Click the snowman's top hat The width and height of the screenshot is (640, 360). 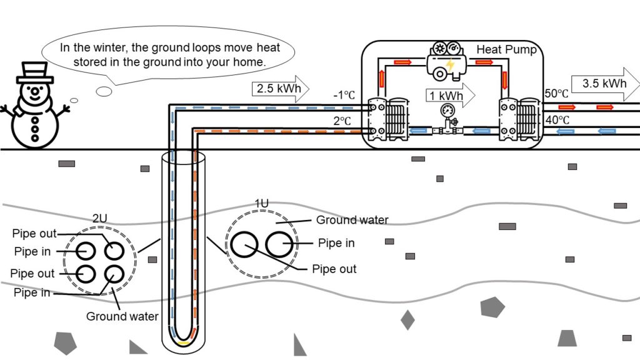tap(35, 72)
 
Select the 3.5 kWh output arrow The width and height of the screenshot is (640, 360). tap(605, 84)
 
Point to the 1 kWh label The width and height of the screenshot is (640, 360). tap(446, 96)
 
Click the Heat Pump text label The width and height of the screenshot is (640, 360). tap(506, 49)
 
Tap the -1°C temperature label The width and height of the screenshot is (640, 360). tap(344, 96)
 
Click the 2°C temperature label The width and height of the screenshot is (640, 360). tap(342, 121)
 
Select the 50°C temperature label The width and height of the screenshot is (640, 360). tap(556, 94)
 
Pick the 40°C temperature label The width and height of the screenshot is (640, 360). tap(557, 120)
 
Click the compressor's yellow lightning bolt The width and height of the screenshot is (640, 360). tap(450, 65)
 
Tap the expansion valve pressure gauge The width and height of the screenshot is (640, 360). tap(447, 111)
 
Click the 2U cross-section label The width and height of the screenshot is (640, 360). tap(99, 218)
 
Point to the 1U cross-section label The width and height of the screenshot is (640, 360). tap(262, 203)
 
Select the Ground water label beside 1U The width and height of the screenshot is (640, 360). tap(352, 220)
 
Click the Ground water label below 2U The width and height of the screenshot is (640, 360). tap(122, 316)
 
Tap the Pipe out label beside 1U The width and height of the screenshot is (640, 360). tap(334, 269)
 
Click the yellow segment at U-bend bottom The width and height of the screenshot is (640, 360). tap(184, 343)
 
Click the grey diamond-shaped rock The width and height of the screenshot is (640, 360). tap(407, 320)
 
